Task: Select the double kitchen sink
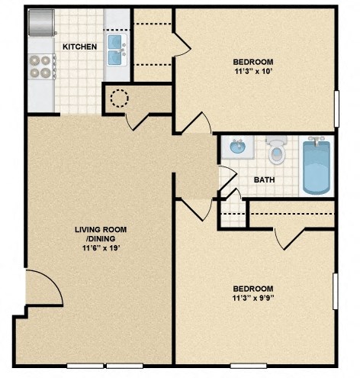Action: [x=117, y=48]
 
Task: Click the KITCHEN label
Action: [x=79, y=47]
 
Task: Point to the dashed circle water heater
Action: [x=120, y=99]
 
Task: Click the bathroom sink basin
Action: [x=236, y=147]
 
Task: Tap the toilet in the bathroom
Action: [x=277, y=151]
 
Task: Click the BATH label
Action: [x=264, y=181]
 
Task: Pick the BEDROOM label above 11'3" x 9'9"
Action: [x=252, y=288]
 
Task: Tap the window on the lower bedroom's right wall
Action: [x=336, y=292]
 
